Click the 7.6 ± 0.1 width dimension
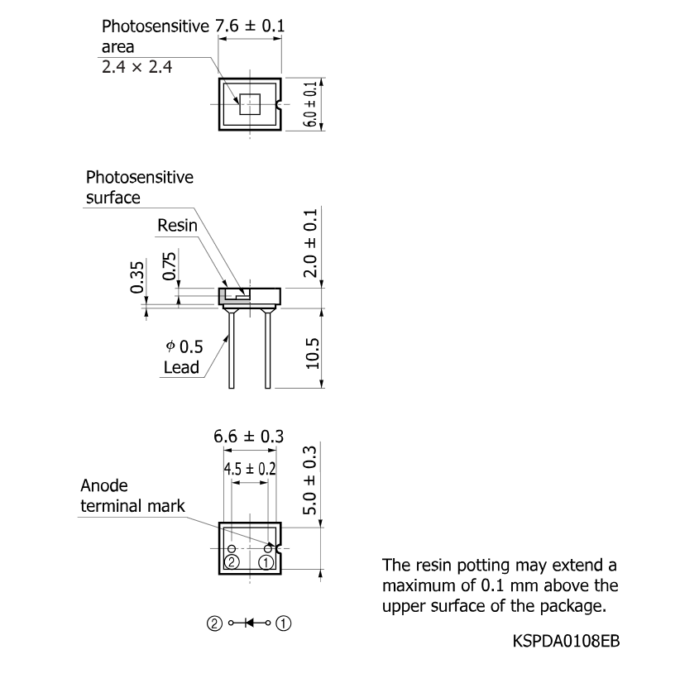coord(250,26)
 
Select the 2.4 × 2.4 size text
coord(136,67)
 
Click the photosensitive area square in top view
coord(250,104)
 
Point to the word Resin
coord(177,225)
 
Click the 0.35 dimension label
coord(136,278)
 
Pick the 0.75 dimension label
coord(169,266)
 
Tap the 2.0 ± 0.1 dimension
coord(310,243)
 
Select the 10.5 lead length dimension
coord(313,353)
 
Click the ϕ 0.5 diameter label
coord(184,346)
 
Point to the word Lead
coord(181,367)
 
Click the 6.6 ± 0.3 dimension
coord(248,436)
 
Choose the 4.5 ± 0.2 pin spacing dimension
coord(250,469)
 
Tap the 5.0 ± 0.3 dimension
coord(309,480)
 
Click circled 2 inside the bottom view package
coord(232,562)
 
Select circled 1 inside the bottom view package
coord(266,562)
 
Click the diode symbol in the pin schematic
coord(250,623)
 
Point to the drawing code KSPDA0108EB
coord(566,641)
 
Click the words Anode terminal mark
coord(132,495)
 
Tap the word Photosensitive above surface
coord(140,177)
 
